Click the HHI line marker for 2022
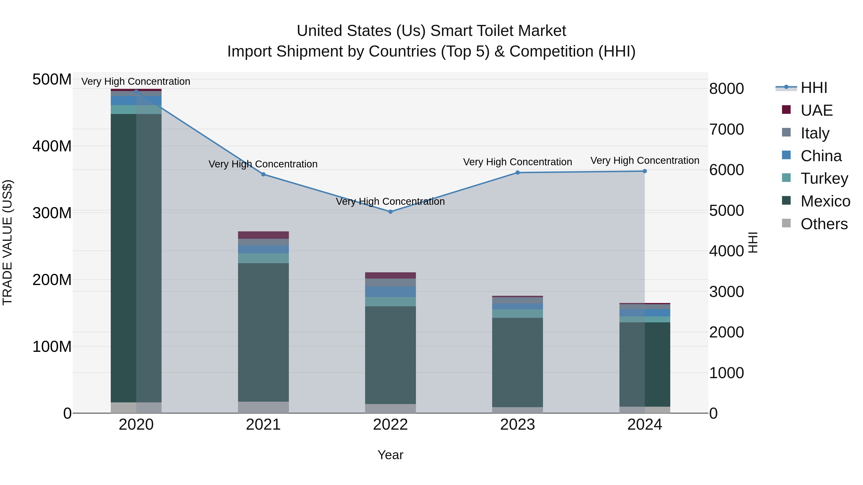tap(390, 211)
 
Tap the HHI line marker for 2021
tap(263, 174)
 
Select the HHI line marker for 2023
tap(517, 173)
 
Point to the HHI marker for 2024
tap(645, 171)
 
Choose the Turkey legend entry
tap(824, 178)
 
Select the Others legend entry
tap(823, 224)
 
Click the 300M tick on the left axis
tap(52, 213)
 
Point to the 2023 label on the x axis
tap(517, 425)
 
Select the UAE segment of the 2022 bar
tap(390, 275)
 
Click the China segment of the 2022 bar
tap(390, 291)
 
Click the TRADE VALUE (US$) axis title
tap(7, 242)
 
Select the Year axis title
tap(390, 455)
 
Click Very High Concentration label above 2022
tap(390, 201)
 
